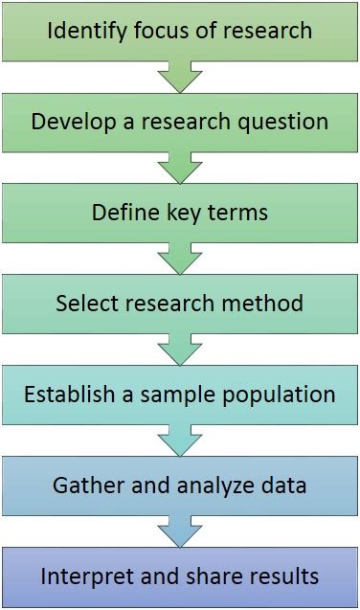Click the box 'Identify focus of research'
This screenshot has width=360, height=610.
tap(180, 31)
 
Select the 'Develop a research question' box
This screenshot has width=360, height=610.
tap(180, 122)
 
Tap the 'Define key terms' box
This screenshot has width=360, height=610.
tap(180, 213)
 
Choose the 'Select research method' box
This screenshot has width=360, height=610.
tap(180, 304)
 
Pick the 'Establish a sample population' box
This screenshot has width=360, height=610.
tap(180, 395)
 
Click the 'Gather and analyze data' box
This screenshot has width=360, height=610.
tap(180, 486)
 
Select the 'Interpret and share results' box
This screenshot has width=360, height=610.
tap(180, 576)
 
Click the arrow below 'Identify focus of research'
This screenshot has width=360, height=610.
tap(180, 76)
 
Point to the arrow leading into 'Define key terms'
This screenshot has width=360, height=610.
tap(180, 167)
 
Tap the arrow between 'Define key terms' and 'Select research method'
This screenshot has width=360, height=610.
tap(180, 258)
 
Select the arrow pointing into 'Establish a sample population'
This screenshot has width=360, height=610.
tap(180, 349)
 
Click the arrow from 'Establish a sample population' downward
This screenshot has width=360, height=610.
tap(180, 440)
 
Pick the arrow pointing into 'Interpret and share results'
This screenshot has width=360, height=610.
tap(180, 531)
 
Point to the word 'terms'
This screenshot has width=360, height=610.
tap(237, 213)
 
